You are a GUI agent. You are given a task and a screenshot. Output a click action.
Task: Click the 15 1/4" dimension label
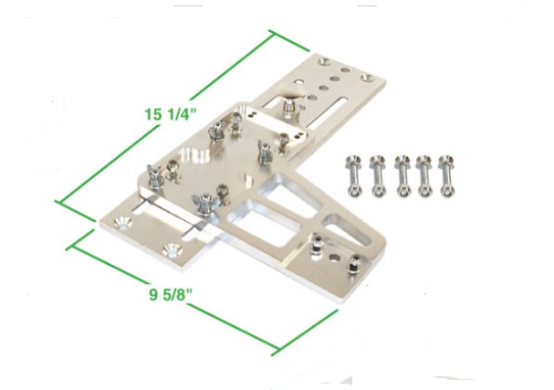point(171,114)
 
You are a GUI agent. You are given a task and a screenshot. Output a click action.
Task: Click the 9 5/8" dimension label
point(171,294)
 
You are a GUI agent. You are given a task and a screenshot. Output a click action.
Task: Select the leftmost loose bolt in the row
point(354,175)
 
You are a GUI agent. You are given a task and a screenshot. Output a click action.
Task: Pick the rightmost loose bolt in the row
point(447,175)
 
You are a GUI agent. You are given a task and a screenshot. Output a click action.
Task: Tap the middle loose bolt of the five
point(402,175)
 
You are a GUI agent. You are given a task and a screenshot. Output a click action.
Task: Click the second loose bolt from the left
point(379,175)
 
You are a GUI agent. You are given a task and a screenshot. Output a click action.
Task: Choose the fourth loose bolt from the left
point(424,175)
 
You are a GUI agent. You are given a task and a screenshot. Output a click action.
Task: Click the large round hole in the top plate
point(194,156)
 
